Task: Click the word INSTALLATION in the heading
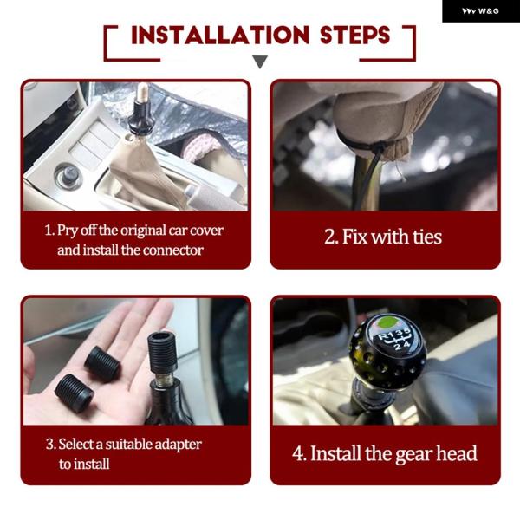(220, 35)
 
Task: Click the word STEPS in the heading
(354, 35)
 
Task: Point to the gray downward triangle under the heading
(260, 62)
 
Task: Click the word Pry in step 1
(68, 231)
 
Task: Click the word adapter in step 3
(178, 445)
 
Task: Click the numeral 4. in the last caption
(300, 453)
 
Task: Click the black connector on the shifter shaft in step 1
(141, 119)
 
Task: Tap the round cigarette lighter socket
(68, 175)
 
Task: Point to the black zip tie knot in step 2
(379, 147)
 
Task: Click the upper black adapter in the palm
(102, 363)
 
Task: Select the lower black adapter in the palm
(75, 393)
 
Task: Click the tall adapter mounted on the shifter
(162, 352)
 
